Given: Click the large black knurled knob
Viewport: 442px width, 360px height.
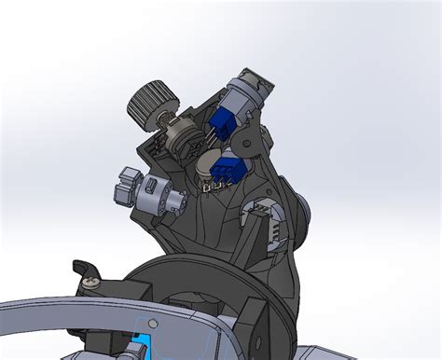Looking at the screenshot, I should (x=151, y=101).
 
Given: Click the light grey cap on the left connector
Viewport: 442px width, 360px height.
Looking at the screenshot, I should (x=123, y=185).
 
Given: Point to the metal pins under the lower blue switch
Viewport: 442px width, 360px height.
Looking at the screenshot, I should (x=217, y=187).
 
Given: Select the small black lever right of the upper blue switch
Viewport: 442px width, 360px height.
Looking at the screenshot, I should (x=248, y=141).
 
